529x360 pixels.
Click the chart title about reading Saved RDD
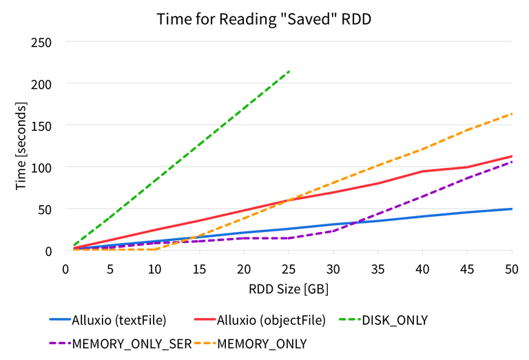tap(264, 19)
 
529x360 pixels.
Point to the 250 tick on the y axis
tap(43, 43)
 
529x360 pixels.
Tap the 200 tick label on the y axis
tap(43, 84)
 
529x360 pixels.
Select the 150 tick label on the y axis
tap(43, 125)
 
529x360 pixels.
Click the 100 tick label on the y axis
tap(43, 167)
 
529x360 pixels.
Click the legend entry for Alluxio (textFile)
tap(121, 319)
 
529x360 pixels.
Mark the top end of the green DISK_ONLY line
tap(289, 71)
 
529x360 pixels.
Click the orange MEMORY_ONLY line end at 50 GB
tap(511, 114)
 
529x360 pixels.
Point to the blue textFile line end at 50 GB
tap(511, 208)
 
